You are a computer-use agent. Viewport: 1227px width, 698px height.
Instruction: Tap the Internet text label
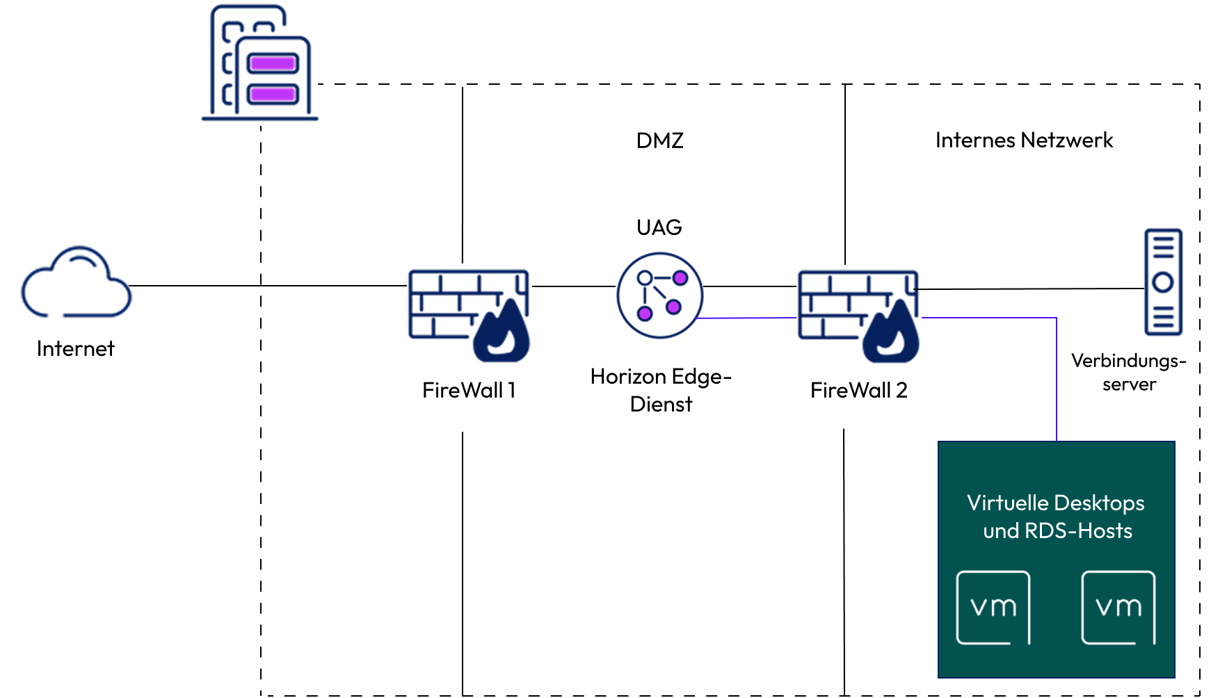tap(75, 348)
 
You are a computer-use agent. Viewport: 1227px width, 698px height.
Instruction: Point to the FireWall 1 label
tap(469, 390)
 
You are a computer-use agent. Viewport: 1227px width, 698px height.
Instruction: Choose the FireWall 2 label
tap(859, 390)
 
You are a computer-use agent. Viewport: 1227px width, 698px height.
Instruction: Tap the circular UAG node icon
tap(659, 295)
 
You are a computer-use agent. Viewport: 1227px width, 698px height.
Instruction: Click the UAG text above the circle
tap(659, 227)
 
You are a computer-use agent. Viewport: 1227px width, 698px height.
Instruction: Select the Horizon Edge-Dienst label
tap(661, 390)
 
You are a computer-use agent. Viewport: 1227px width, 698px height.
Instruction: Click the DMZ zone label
tap(660, 140)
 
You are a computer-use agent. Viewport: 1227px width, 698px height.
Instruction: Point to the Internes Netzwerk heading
tap(1024, 140)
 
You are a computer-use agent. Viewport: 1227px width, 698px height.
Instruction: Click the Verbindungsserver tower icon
tap(1163, 282)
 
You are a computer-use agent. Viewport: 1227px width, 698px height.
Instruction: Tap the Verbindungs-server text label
tap(1129, 372)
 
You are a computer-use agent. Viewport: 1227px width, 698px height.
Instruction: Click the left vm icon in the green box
tap(993, 608)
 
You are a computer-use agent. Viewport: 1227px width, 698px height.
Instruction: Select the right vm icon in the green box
tap(1118, 608)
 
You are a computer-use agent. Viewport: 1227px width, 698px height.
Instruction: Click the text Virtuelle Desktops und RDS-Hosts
tap(1056, 517)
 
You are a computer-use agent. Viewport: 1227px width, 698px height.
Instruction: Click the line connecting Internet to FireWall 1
tap(268, 286)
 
